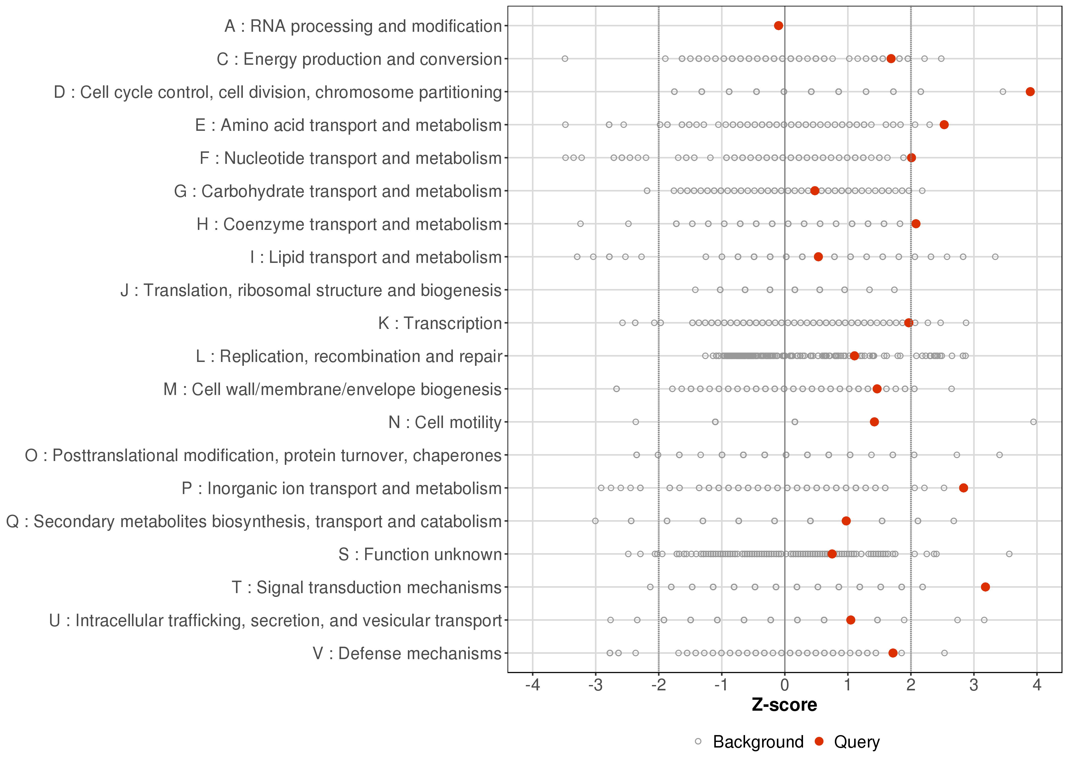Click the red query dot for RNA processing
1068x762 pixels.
tap(778, 25)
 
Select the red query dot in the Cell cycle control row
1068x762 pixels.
tap(1030, 91)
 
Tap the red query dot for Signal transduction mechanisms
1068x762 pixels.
tap(985, 587)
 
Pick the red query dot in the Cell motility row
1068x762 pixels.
tap(874, 422)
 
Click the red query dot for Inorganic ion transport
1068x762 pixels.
tap(963, 488)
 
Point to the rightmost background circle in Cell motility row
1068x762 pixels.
tap(1033, 422)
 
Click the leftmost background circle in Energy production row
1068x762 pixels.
tap(565, 59)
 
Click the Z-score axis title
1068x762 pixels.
tap(784, 705)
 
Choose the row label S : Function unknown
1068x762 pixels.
tap(419, 554)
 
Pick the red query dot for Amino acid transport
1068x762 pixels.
tap(944, 125)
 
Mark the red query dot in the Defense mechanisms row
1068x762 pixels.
tap(893, 653)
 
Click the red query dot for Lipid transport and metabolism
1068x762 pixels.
tap(818, 257)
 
